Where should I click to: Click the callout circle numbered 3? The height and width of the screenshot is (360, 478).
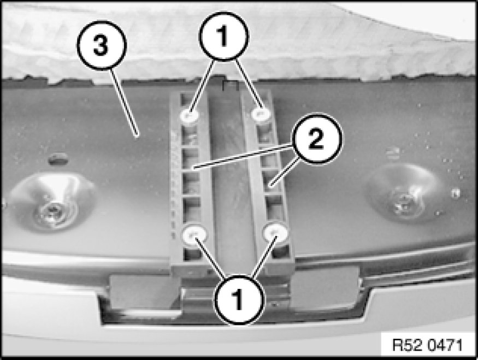(102, 45)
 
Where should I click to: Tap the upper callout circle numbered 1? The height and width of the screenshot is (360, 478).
(224, 36)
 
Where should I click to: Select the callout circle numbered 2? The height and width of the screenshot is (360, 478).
(317, 139)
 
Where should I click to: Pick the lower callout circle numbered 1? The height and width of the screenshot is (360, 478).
(239, 300)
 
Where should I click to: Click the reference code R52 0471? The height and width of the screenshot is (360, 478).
(427, 345)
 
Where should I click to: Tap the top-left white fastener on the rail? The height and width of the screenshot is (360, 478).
(189, 115)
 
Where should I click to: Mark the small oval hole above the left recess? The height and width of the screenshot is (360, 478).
(58, 159)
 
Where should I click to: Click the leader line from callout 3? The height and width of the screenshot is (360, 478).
(125, 103)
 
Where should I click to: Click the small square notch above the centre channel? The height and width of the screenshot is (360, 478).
(231, 86)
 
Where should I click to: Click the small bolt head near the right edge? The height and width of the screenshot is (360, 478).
(455, 193)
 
